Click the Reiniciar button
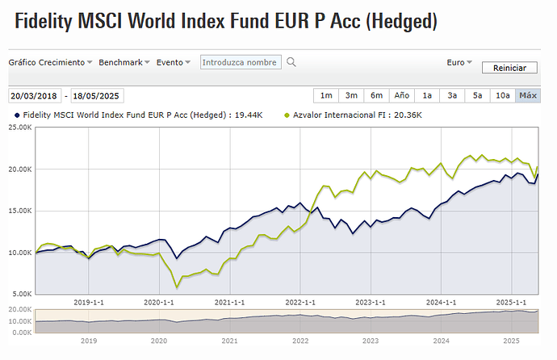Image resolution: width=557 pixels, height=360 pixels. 509,69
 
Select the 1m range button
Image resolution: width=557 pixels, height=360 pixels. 326,95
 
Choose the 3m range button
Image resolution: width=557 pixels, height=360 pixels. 351,95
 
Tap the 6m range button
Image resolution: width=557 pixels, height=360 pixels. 376,95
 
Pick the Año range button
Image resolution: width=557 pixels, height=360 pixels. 402,95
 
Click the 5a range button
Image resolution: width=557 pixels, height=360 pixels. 478,95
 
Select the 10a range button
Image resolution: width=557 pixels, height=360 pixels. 503,95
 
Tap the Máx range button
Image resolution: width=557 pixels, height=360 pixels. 528,95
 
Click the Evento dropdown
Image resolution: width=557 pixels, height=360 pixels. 174,62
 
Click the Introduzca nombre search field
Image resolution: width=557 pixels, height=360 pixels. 241,62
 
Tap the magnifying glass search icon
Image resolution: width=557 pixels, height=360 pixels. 291,62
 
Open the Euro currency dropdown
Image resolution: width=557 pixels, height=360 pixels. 459,62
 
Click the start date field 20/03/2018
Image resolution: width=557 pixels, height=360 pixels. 35,95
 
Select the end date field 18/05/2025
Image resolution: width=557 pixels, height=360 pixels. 98,95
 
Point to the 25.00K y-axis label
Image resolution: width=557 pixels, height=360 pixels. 19,128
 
